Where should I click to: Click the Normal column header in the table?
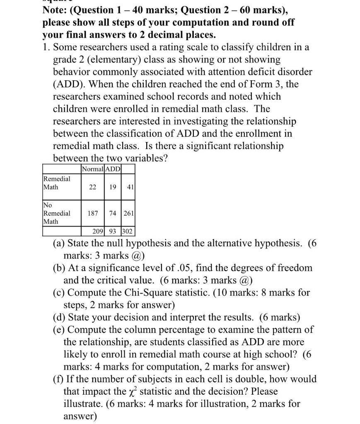[x=93, y=169]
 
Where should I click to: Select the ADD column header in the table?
[x=113, y=169]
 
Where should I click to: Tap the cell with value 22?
[x=92, y=187]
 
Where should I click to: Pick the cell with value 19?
[x=113, y=187]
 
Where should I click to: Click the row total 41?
[x=130, y=187]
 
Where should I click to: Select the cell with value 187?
[x=92, y=213]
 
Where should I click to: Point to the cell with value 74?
[x=113, y=213]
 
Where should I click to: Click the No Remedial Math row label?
[x=57, y=213]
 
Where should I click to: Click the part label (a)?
[x=59, y=243]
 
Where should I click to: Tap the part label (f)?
[x=58, y=379]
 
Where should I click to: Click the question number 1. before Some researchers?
[x=46, y=47]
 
